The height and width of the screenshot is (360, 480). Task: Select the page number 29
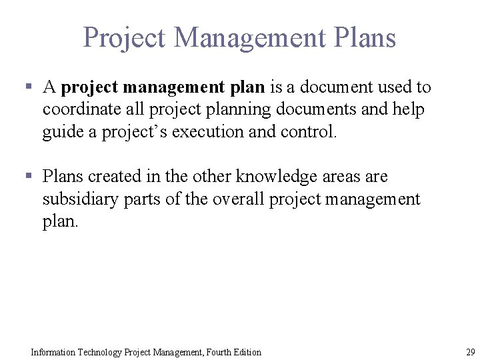tap(471, 352)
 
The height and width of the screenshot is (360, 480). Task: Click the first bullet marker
tap(29, 87)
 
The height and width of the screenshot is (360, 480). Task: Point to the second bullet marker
tap(29, 176)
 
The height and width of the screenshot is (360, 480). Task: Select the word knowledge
tap(277, 177)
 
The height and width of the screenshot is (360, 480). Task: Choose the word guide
tap(63, 132)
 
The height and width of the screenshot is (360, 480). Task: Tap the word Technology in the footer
tap(100, 352)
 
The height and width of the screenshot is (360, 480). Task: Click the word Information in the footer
tap(53, 352)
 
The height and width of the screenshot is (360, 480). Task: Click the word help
tap(410, 109)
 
